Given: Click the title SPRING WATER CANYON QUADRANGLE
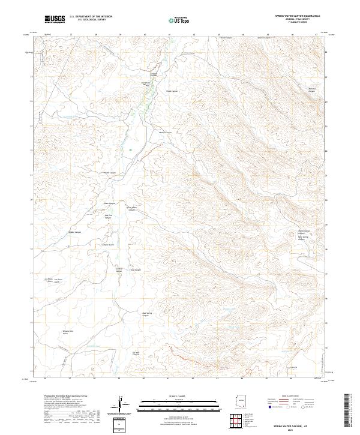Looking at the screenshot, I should pyautogui.click(x=297, y=16).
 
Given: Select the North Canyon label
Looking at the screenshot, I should pyautogui.click(x=110, y=172).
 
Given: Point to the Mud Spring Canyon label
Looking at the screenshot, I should pyautogui.click(x=145, y=314).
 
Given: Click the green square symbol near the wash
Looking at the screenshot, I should pyautogui.click(x=130, y=149).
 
